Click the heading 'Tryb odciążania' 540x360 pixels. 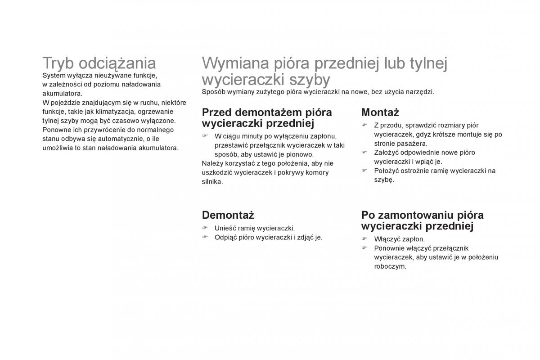pyautogui.click(x=99, y=63)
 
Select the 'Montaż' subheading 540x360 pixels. pyautogui.click(x=380, y=112)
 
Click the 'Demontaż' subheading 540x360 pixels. pyautogui.click(x=228, y=215)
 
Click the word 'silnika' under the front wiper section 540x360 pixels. pyautogui.click(x=212, y=181)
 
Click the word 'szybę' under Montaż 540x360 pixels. pyautogui.click(x=384, y=180)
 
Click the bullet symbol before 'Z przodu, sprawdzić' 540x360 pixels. pyautogui.click(x=364, y=125)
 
